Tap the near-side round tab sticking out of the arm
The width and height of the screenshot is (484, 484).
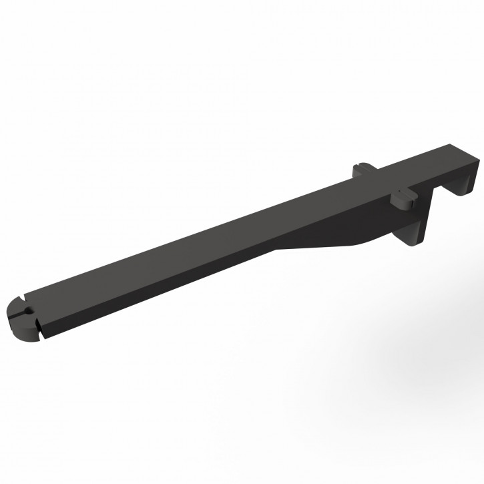coord(402,198)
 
